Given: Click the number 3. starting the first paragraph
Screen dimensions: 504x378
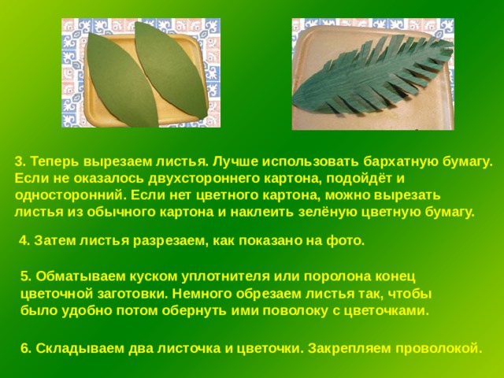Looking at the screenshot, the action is (x=20, y=161).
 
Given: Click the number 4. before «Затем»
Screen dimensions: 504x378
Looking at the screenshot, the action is (x=24, y=240).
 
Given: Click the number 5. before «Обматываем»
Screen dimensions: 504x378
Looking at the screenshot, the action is (x=26, y=276).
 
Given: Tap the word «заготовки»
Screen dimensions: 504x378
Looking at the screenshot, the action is (x=131, y=294).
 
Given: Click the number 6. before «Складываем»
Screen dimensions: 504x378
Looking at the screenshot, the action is (x=26, y=349).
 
